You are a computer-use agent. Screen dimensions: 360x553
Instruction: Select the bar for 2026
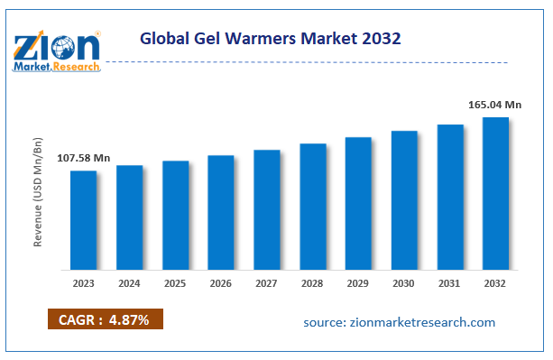pyautogui.click(x=221, y=212)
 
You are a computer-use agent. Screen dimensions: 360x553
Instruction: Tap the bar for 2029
pyautogui.click(x=358, y=203)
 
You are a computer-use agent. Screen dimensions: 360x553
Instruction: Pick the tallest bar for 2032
pyautogui.click(x=495, y=193)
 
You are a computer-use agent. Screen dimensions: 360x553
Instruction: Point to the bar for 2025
pyautogui.click(x=175, y=215)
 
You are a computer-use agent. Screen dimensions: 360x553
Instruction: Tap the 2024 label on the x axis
pyautogui.click(x=130, y=283)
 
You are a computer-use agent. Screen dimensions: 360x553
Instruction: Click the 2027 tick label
pyautogui.click(x=267, y=283)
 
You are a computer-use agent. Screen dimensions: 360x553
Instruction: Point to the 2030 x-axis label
pyautogui.click(x=404, y=283)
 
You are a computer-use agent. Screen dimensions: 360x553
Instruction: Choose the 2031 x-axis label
pyautogui.click(x=449, y=283)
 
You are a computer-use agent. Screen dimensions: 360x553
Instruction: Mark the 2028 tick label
pyautogui.click(x=312, y=283)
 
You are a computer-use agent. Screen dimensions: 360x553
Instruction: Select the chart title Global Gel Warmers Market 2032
pyautogui.click(x=271, y=40)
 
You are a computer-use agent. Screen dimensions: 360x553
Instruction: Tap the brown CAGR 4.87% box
pyautogui.click(x=106, y=319)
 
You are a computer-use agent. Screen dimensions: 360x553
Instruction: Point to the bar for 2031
pyautogui.click(x=450, y=197)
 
